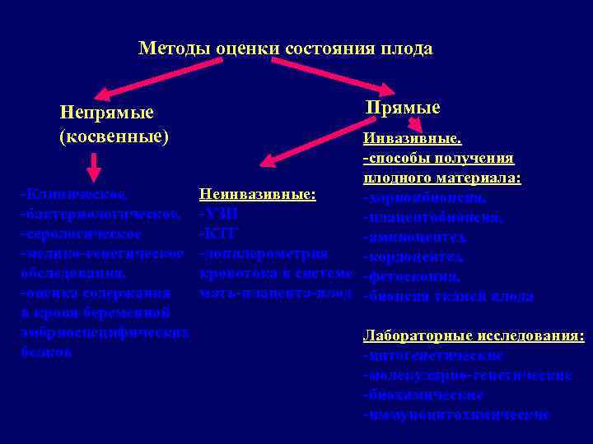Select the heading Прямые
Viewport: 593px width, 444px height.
403,108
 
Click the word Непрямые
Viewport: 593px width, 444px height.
107,112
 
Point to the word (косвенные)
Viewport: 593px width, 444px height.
114,135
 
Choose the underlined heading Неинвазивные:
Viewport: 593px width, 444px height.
258,195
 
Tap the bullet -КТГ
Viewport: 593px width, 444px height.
217,234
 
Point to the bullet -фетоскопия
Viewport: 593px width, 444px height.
412,276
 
